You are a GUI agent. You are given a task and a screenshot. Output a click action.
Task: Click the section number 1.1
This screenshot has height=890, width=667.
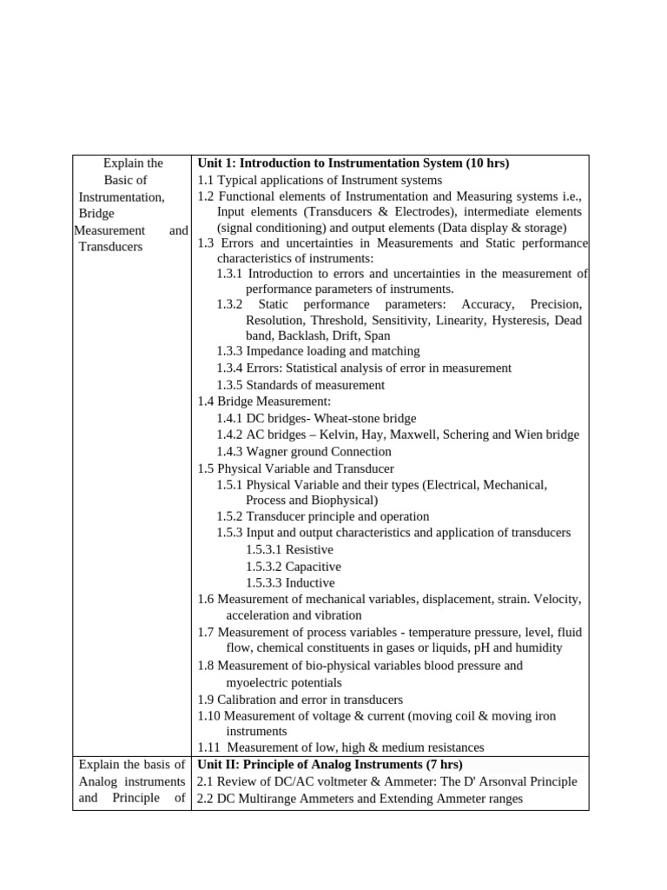(206, 180)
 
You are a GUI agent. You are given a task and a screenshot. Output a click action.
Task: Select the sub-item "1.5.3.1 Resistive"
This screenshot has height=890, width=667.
(289, 549)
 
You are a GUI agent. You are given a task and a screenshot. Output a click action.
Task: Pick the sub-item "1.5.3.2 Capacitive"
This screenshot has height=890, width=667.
(293, 566)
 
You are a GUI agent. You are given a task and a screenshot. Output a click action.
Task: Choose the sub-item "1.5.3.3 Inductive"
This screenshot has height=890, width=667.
(290, 582)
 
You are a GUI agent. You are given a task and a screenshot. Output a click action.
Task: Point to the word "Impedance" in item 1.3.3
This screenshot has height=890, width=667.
(274, 351)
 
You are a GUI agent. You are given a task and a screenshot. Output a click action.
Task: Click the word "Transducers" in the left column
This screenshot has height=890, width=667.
(111, 247)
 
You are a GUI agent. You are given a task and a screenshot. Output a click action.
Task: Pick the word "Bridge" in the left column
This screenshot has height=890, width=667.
(96, 213)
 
